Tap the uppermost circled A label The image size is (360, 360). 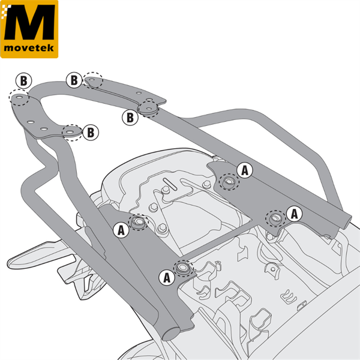[x=244, y=170]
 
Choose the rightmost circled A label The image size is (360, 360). [x=294, y=212]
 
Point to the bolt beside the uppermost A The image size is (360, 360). [x=228, y=179]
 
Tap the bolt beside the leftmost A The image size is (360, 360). [x=139, y=224]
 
